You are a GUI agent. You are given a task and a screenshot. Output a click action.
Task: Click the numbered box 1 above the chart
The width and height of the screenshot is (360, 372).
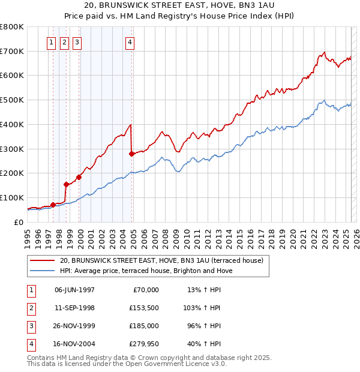(51, 43)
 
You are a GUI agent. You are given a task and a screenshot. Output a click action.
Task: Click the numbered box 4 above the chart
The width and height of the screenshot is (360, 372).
(130, 43)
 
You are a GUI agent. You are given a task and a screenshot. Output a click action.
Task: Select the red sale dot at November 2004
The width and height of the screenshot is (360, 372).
(132, 154)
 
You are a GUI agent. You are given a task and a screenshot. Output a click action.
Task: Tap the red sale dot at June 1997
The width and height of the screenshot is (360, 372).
(53, 205)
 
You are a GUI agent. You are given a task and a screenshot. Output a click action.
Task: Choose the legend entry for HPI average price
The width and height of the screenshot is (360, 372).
(146, 271)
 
